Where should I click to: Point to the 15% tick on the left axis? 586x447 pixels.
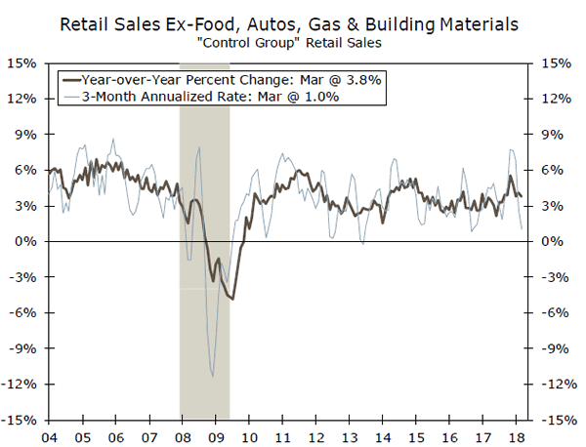point(22,63)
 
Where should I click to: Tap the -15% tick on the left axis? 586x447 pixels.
point(21,421)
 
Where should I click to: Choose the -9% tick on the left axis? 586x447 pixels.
point(22,349)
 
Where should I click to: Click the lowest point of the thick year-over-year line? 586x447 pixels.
point(231,299)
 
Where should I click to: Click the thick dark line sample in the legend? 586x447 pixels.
point(71,77)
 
